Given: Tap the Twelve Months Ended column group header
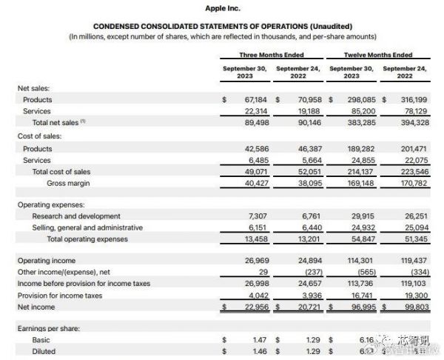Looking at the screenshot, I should pos(378,55).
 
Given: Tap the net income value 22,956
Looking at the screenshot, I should pos(254,306).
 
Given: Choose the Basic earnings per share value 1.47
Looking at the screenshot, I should pos(258,339).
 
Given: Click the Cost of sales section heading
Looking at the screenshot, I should pos(39,136).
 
